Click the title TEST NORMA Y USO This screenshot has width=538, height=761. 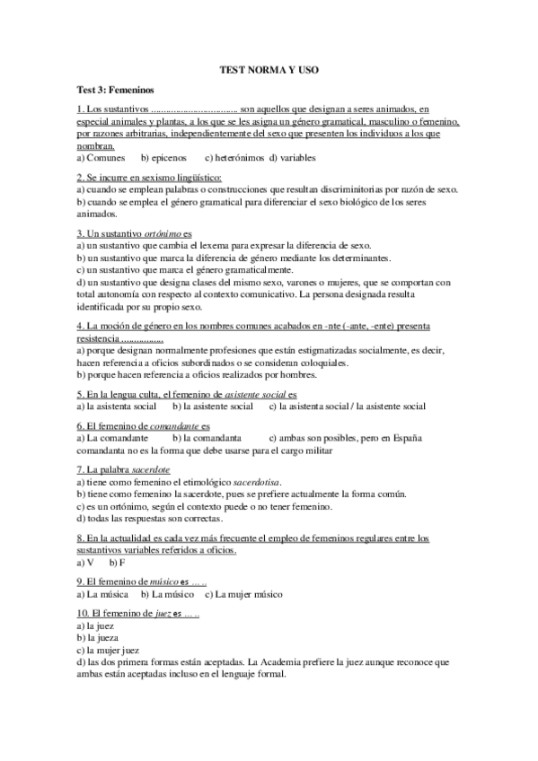tap(269, 68)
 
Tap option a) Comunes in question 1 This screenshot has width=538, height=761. tap(101, 156)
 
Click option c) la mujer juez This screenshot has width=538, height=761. tap(111, 650)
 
